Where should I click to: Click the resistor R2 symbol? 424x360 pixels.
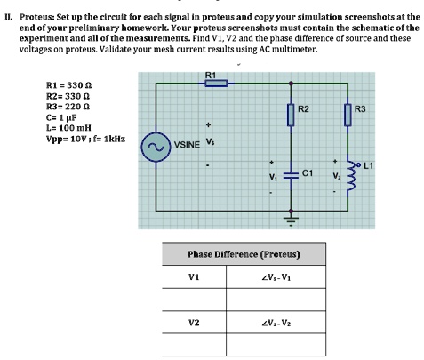pyautogui.click(x=290, y=115)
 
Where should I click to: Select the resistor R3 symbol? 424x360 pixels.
pyautogui.click(x=348, y=115)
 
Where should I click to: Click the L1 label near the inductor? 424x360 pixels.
pyautogui.click(x=367, y=166)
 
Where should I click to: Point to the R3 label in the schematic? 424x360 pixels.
pyautogui.click(x=360, y=108)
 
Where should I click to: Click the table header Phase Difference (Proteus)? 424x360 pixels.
pyautogui.click(x=244, y=255)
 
